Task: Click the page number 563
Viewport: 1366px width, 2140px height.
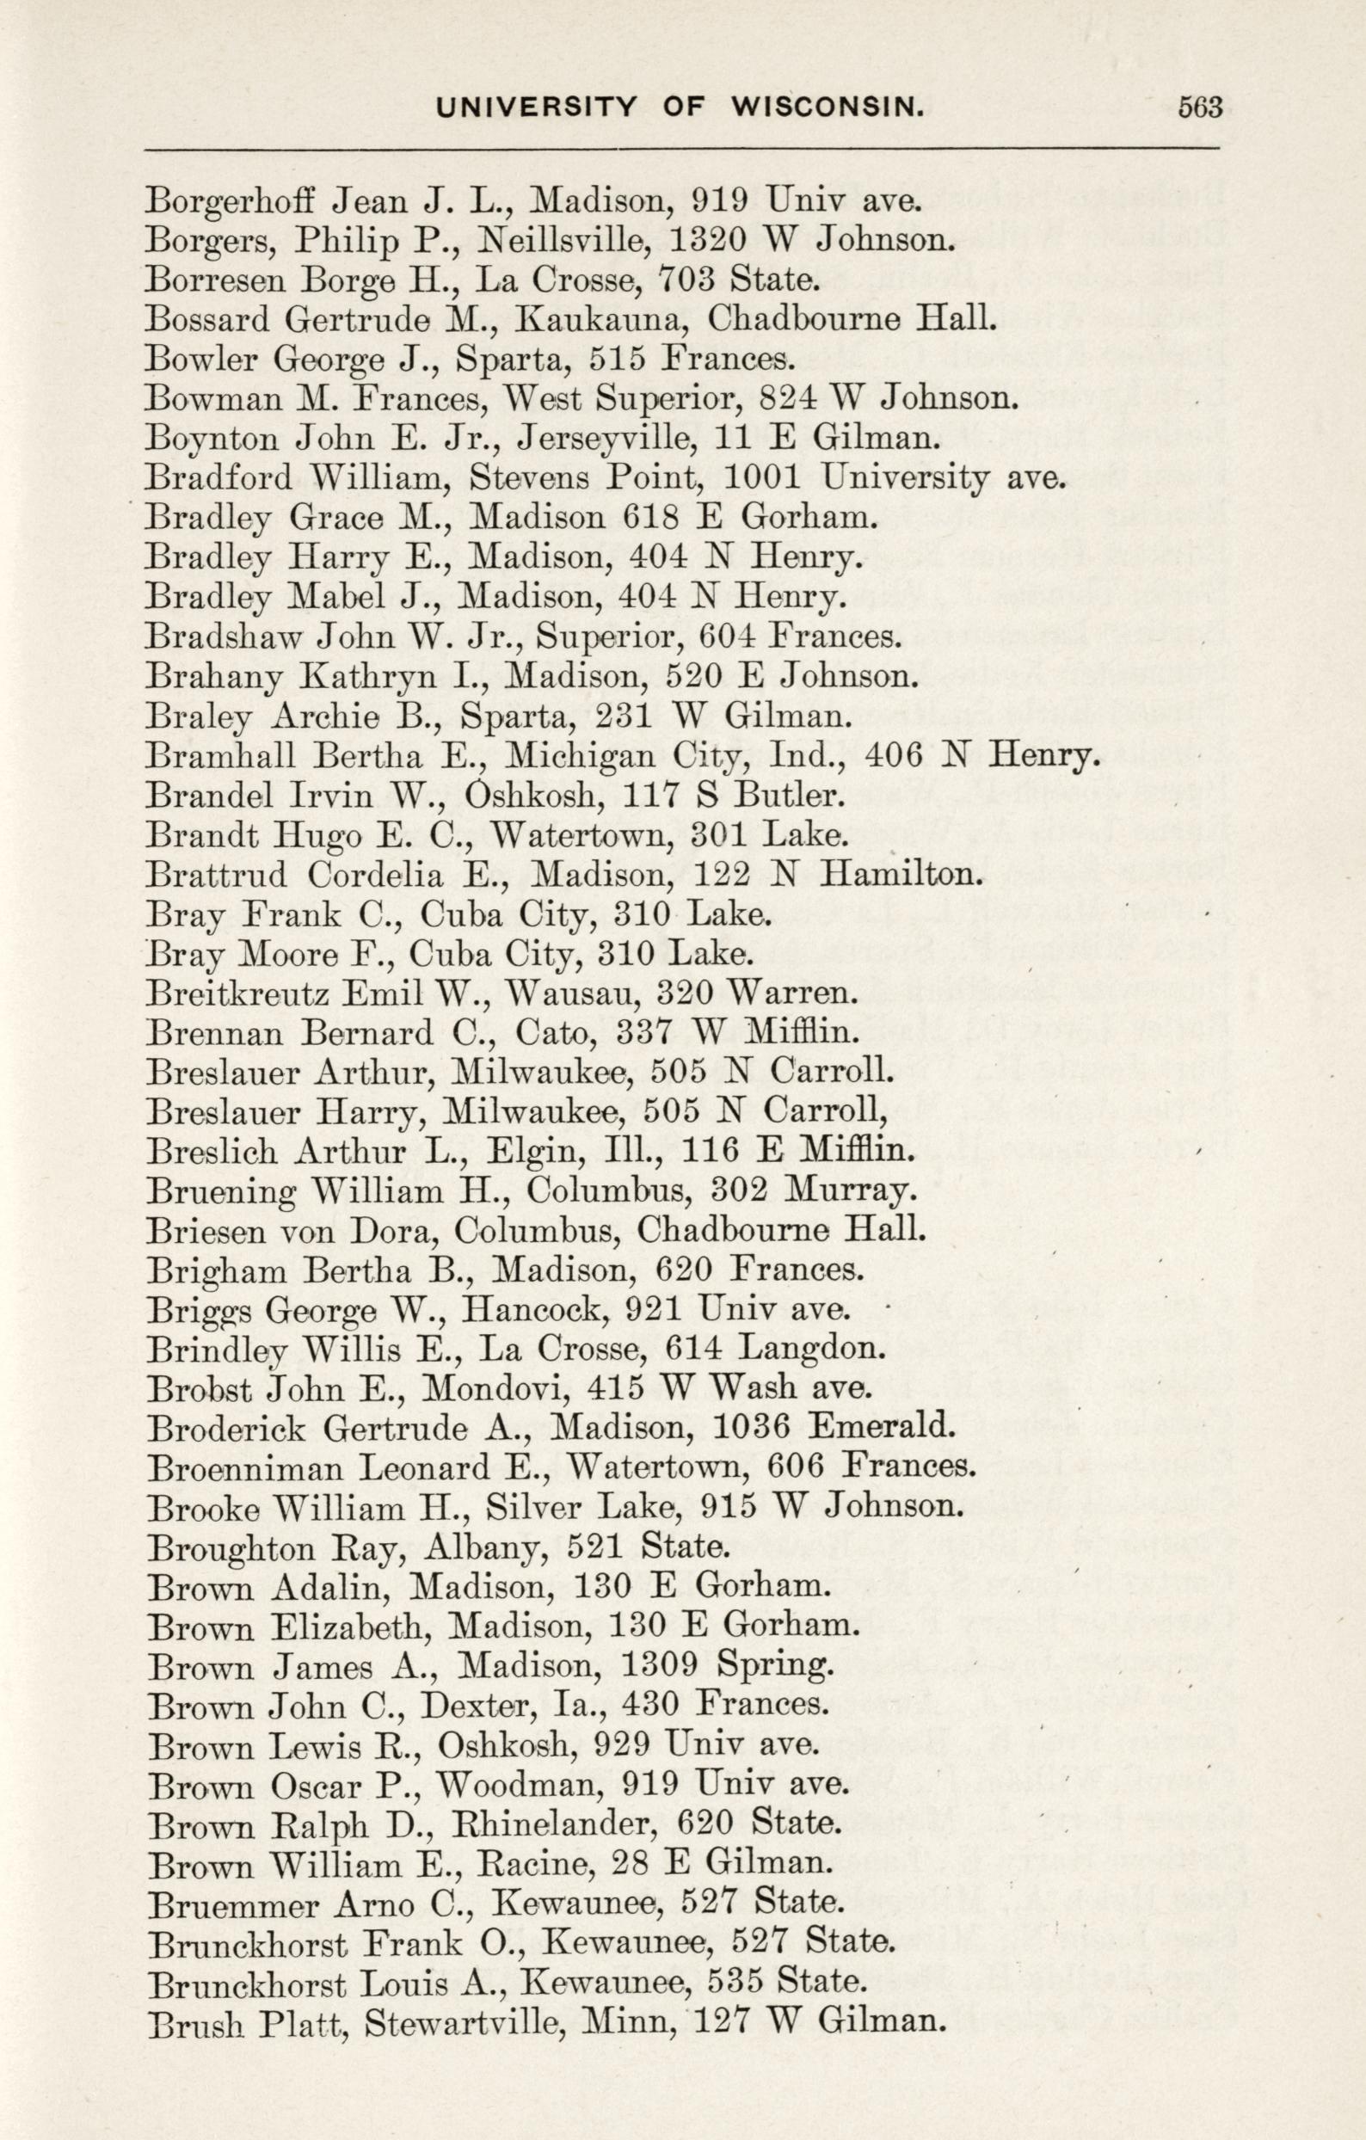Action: [x=1200, y=108]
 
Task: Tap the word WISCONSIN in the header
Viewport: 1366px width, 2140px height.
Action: [x=828, y=108]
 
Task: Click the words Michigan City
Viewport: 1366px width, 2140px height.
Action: [x=606, y=756]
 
